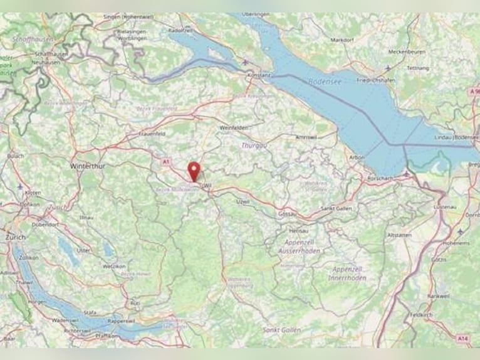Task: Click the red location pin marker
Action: pos(194,170)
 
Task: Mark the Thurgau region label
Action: pos(254,145)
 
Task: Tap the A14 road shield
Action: pos(462,339)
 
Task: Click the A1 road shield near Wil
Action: pos(166,162)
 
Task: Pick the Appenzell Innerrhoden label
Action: pos(347,273)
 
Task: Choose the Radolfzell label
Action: pos(180,29)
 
